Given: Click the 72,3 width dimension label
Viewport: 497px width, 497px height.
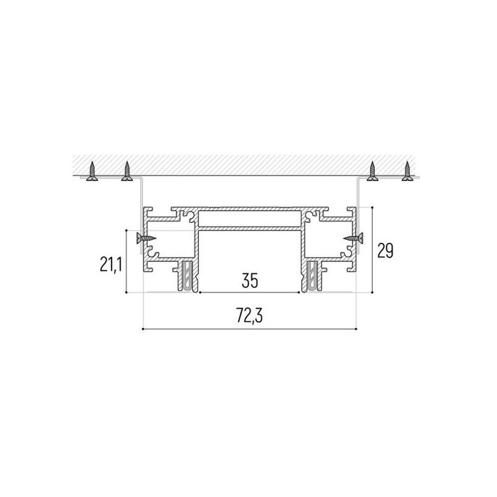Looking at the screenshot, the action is tap(249, 316).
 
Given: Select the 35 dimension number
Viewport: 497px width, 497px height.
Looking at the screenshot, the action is tap(250, 280).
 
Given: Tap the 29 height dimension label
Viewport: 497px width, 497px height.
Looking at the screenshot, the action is tap(385, 251).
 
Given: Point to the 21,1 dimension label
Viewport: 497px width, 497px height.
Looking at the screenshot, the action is tap(111, 265).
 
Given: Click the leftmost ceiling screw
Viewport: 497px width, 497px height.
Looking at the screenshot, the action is tap(92, 171).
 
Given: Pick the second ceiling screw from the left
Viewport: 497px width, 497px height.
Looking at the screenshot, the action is tap(127, 171).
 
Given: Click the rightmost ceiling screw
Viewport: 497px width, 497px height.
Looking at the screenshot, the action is tap(408, 171).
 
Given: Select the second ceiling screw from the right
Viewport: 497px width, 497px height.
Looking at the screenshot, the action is tap(373, 171).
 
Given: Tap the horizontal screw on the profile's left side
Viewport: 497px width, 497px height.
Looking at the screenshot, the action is tap(146, 238).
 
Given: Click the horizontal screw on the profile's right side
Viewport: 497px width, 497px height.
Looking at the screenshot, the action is tap(353, 238).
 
